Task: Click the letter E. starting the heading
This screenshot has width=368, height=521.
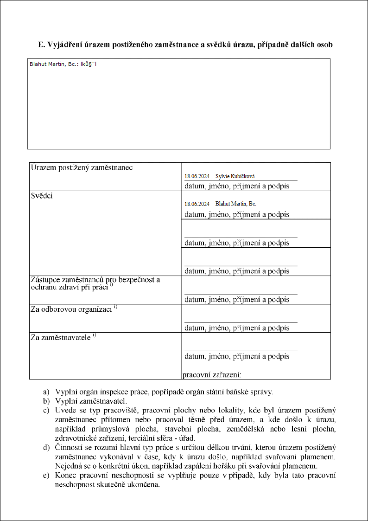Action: [41, 45]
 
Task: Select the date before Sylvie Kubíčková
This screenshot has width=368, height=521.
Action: [197, 176]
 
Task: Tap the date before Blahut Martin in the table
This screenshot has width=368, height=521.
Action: [197, 204]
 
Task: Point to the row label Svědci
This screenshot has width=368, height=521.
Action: [42, 196]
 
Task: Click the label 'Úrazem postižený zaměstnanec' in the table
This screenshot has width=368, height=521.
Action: [82, 167]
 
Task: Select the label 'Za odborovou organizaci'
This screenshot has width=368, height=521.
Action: [71, 309]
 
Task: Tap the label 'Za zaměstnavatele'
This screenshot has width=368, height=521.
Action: [60, 338]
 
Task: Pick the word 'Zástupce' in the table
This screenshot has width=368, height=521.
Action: [44, 280]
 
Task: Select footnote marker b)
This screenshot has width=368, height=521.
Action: [46, 400]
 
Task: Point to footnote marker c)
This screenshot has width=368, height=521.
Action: [46, 410]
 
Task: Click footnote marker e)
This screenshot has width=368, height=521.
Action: [46, 476]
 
